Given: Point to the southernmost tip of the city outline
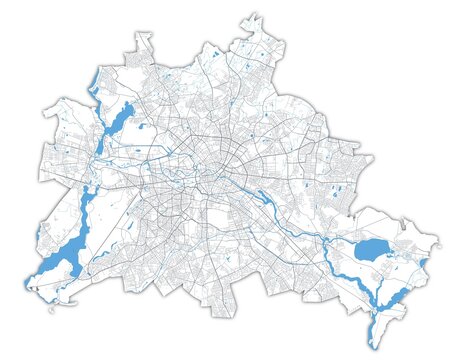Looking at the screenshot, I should pos(373,347).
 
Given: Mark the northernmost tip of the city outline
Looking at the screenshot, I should pos(246,12).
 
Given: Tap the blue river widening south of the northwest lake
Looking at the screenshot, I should pos(88,190).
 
